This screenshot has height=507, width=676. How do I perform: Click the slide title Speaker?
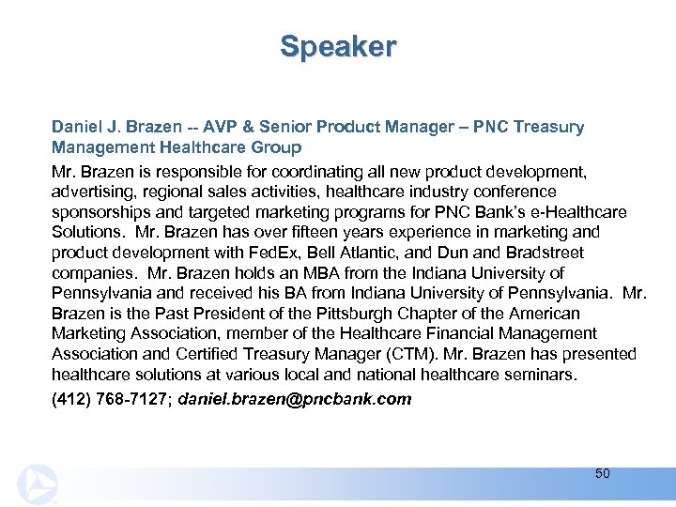338,46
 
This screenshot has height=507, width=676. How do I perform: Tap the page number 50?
602,473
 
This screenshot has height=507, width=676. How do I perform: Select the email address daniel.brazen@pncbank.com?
295,399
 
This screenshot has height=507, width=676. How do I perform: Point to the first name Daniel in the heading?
77,127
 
